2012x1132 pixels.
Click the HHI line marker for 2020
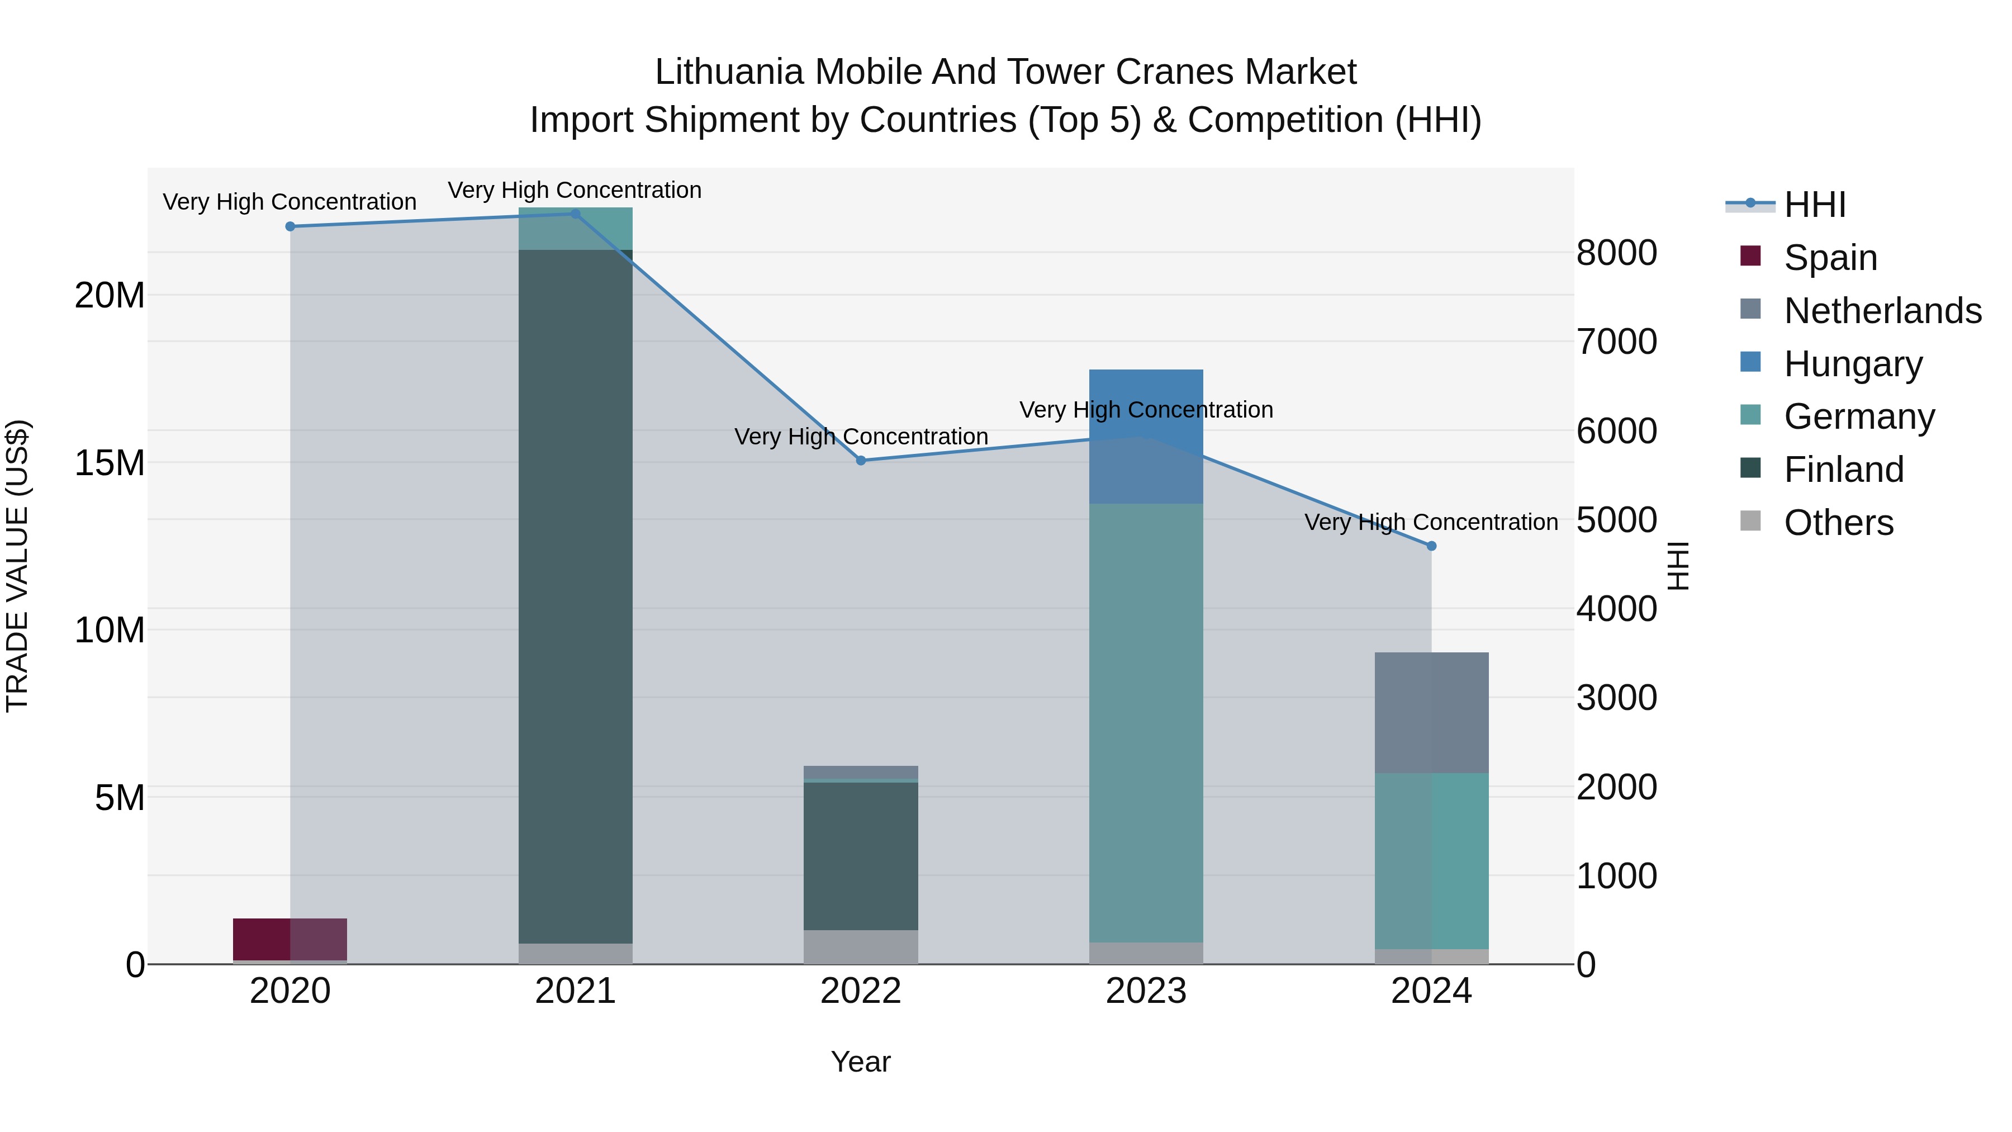[291, 226]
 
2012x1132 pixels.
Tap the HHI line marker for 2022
[861, 461]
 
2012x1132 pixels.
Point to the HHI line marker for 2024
[1432, 546]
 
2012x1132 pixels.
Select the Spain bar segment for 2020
[290, 939]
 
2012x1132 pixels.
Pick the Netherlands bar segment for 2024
[1432, 713]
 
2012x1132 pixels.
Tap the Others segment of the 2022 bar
[861, 947]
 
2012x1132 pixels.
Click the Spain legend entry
[1830, 258]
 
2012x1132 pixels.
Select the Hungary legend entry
[1853, 364]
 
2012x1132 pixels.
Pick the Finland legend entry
[1843, 470]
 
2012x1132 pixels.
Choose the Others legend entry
[1838, 523]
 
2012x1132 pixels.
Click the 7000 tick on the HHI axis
[1616, 342]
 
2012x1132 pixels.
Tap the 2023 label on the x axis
[1146, 991]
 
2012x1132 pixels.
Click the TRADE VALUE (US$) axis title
[17, 566]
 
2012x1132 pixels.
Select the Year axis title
[861, 1062]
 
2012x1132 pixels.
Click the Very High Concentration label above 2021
[575, 190]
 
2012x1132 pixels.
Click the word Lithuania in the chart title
[729, 72]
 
